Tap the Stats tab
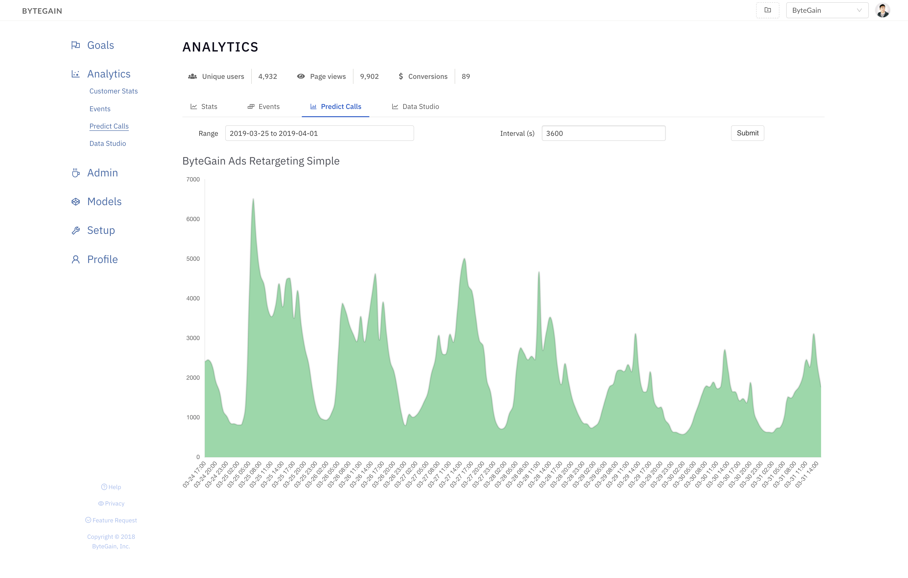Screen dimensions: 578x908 (x=204, y=107)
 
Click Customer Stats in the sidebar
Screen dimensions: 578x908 (x=114, y=91)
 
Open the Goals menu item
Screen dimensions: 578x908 (x=100, y=45)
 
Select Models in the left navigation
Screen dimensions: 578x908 (x=104, y=201)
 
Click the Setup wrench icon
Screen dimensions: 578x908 (x=76, y=231)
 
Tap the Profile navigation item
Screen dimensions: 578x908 (x=102, y=260)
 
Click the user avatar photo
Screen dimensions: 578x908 (x=882, y=10)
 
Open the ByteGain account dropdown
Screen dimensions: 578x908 (x=827, y=10)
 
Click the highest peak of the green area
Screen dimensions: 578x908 (x=253, y=200)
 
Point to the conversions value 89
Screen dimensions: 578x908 (x=466, y=77)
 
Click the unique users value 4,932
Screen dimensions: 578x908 (x=267, y=77)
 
